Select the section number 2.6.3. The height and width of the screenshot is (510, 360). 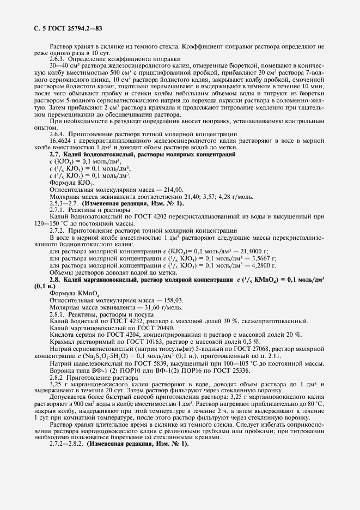click(x=58, y=59)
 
